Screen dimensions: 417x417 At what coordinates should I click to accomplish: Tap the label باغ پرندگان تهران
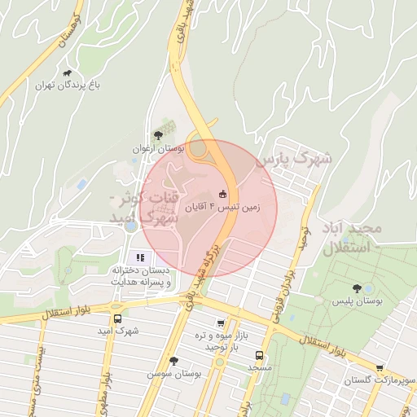(67, 85)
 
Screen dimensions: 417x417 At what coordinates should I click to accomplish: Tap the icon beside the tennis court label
(222, 195)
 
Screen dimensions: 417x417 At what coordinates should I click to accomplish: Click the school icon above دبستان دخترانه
(139, 257)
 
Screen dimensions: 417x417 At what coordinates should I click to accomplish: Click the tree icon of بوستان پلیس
(356, 288)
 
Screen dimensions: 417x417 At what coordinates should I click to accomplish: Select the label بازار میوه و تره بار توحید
(215, 340)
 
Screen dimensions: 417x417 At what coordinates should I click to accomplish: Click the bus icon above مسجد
(259, 355)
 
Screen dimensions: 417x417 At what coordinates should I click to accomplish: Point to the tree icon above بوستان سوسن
(173, 361)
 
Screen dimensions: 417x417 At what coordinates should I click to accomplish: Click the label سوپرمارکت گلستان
(370, 380)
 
